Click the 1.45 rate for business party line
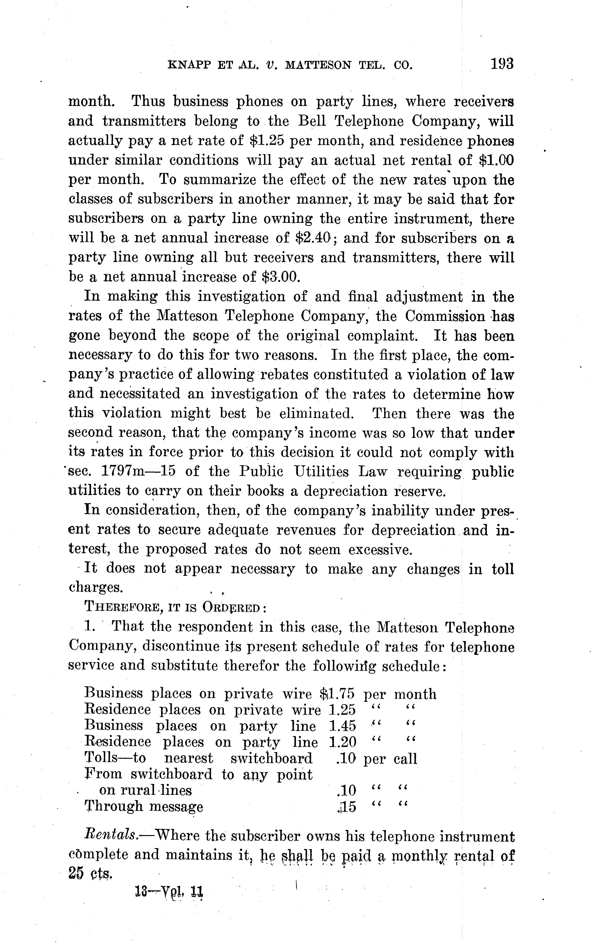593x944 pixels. tap(342, 726)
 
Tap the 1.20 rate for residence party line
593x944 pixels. tap(342, 742)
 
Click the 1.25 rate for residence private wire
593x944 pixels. tap(342, 710)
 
